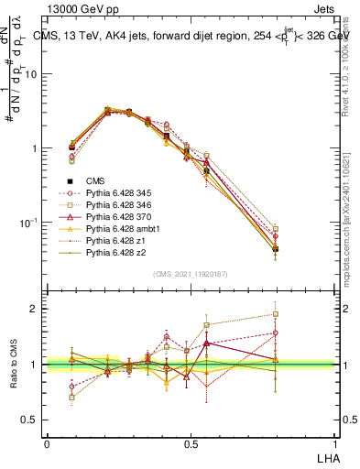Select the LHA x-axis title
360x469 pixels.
pyautogui.click(x=325, y=456)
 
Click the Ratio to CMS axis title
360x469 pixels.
pyautogui.click(x=15, y=364)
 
